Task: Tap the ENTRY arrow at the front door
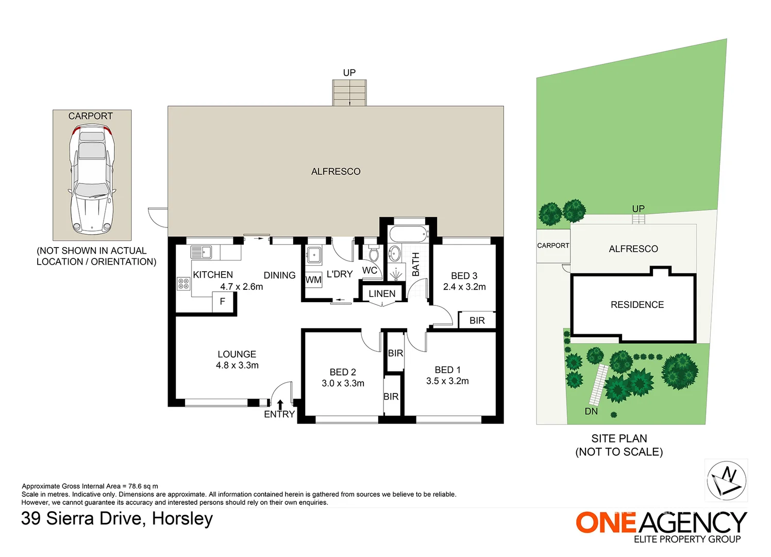pos(280,404)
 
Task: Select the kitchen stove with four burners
pos(183,284)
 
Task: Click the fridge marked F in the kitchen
pos(223,302)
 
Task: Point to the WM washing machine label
pos(313,280)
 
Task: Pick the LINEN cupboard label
pos(382,294)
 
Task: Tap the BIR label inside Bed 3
pos(477,321)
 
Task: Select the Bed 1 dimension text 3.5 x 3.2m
pos(447,381)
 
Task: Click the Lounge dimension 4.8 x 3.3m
pos(237,365)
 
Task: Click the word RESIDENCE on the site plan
pos(637,304)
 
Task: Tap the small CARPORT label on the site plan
pos(553,245)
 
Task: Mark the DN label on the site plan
pos(591,411)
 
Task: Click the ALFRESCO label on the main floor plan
pos(336,172)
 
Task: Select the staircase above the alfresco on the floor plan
pos(349,93)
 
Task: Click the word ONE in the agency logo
pos(606,522)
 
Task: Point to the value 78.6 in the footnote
pos(135,486)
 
